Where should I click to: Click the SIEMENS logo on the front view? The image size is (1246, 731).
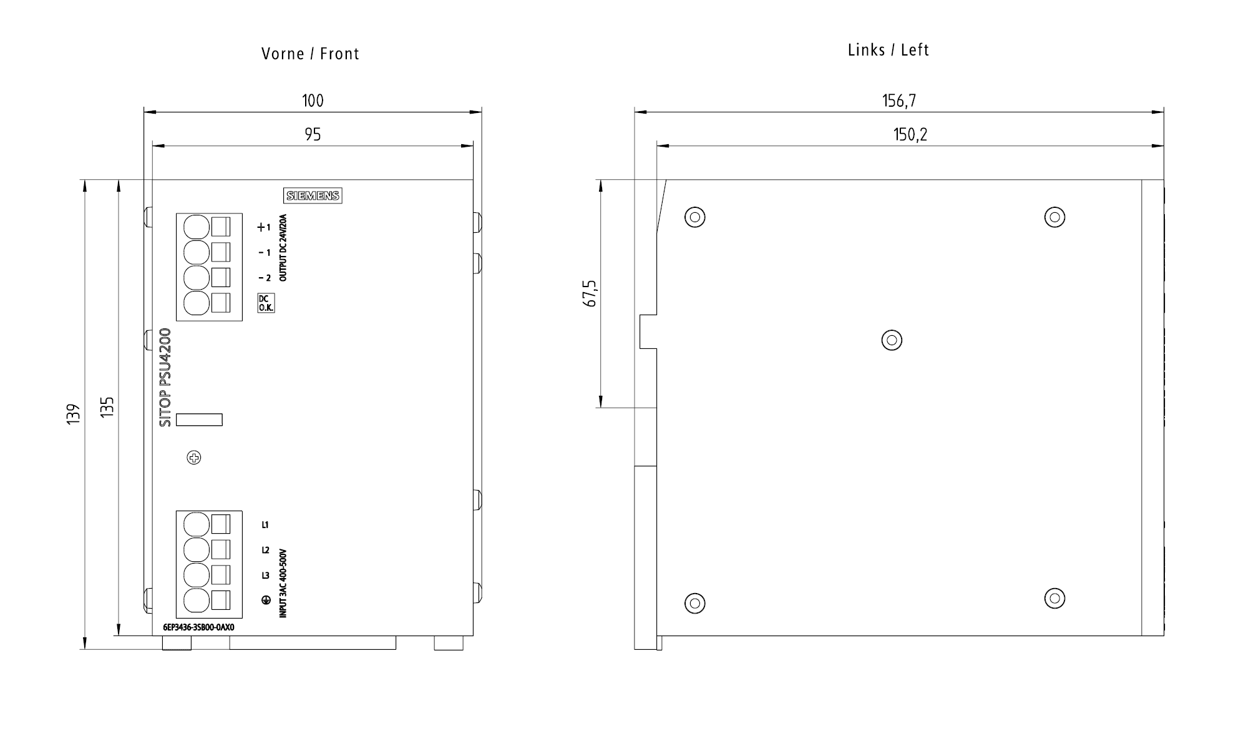click(313, 196)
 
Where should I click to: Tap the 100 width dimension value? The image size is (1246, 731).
click(313, 101)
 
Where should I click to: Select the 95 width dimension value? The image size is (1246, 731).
click(313, 135)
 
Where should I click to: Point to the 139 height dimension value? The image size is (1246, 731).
click(74, 415)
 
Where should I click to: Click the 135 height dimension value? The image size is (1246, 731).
click(107, 407)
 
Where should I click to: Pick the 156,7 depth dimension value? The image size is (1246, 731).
click(898, 101)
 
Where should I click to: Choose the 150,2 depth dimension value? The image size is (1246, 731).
click(910, 135)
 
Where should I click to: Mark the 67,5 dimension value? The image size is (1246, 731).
click(590, 293)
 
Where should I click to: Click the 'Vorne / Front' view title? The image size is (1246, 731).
click(310, 54)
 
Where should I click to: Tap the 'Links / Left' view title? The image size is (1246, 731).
click(888, 51)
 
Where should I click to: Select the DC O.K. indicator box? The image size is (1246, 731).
click(266, 303)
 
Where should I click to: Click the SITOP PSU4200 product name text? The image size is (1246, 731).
click(165, 378)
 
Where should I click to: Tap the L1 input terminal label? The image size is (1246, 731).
click(265, 525)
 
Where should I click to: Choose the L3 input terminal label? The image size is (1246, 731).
click(265, 576)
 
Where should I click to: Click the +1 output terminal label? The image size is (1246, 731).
click(264, 228)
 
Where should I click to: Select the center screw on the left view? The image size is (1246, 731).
click(892, 340)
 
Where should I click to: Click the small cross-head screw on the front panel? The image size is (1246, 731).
click(194, 458)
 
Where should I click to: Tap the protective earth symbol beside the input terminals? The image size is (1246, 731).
click(265, 600)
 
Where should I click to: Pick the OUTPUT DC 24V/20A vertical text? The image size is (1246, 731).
click(283, 248)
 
